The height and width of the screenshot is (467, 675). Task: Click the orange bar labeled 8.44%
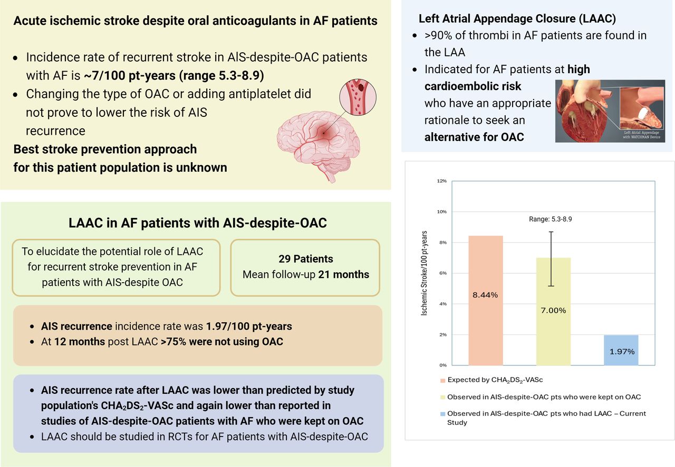[485, 300]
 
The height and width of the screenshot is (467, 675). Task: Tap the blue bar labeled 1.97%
[621, 350]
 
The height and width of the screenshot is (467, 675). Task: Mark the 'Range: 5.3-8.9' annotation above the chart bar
[550, 219]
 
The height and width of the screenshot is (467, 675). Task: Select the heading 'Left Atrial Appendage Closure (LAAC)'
[517, 19]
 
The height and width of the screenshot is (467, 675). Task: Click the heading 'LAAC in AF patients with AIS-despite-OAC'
[198, 223]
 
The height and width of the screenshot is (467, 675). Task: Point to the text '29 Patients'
[306, 259]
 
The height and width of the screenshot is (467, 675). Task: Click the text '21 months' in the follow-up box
[344, 274]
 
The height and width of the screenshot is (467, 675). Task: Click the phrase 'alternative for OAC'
[474, 137]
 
